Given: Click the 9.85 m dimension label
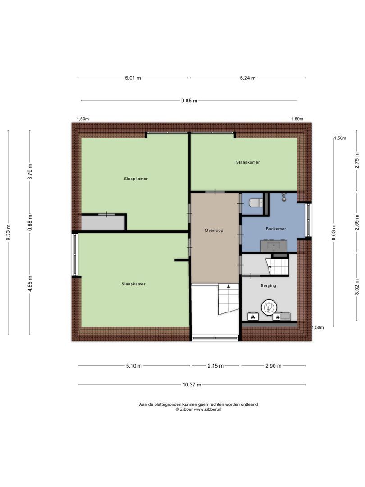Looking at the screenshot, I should (x=189, y=101).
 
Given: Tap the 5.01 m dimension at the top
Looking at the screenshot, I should (x=133, y=78).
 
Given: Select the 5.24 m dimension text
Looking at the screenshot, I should (x=247, y=78).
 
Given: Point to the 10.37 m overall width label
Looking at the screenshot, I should (x=192, y=385).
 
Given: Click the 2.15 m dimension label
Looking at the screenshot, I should (x=215, y=366).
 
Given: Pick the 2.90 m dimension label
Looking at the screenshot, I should (x=273, y=366).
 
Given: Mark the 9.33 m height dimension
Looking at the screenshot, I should (x=8, y=233).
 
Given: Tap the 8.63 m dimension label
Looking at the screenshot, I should (x=333, y=233).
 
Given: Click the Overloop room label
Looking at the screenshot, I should (x=214, y=230).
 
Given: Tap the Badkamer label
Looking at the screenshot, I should (x=275, y=229).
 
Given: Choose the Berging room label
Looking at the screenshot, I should (x=268, y=286).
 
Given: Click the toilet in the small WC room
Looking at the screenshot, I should (x=255, y=202).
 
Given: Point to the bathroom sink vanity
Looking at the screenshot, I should (x=274, y=246).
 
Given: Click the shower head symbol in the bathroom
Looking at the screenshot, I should (x=284, y=196).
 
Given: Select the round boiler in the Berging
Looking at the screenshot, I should (x=269, y=307).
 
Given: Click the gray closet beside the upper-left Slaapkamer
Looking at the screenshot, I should (x=103, y=223).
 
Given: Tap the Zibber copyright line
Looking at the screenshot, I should (x=198, y=409).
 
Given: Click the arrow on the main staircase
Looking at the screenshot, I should (x=228, y=286).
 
